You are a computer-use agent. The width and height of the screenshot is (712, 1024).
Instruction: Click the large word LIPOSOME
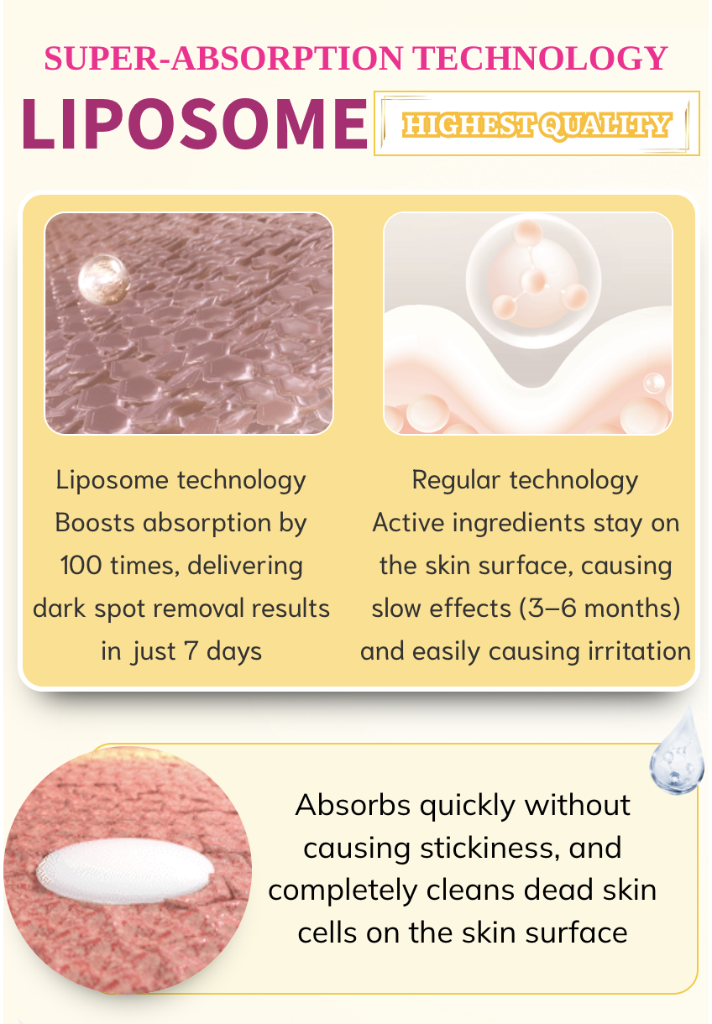point(195,124)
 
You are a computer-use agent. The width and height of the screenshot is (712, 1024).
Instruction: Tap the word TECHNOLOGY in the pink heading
point(540,59)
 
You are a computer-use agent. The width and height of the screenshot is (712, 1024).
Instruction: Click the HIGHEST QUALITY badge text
point(537,125)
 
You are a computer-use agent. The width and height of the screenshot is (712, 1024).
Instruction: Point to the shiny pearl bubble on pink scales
point(104,280)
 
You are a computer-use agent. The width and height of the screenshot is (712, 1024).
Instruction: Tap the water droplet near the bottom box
point(677,751)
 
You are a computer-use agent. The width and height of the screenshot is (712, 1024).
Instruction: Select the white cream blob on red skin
point(125,870)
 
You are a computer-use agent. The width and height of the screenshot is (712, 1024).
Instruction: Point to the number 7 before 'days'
point(191,650)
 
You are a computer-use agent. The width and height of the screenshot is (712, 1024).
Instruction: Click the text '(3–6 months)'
point(600,609)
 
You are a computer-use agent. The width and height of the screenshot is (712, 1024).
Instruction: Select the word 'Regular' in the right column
point(456,480)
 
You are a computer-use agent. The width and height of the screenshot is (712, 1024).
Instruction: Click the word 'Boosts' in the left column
point(95,522)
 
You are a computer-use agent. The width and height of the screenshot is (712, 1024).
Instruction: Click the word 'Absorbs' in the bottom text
point(353,805)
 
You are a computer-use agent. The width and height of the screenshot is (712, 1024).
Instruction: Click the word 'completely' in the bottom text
point(343,891)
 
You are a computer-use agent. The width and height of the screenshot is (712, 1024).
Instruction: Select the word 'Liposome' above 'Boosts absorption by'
point(112,481)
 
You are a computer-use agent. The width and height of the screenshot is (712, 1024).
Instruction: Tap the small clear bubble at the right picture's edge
point(654,383)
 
